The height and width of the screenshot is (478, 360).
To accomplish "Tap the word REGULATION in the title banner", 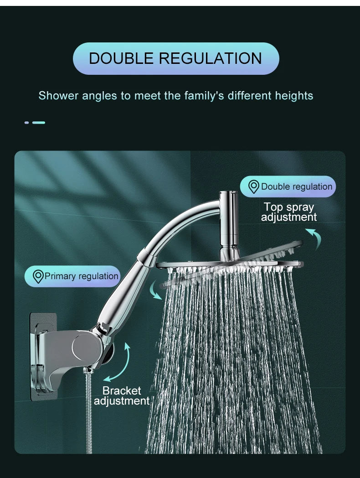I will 211,59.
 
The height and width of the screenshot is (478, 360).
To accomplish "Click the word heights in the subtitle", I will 294,96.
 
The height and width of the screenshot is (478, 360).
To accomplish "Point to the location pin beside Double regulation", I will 254,187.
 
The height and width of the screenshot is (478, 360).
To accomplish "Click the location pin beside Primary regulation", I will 38,276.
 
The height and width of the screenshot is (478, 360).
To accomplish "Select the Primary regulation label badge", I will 72,276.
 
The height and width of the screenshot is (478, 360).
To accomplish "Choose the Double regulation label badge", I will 288,187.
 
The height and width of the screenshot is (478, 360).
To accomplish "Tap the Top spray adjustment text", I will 288,212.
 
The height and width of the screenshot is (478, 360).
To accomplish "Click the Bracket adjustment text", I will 122,396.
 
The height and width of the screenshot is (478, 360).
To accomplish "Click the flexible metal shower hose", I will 88,410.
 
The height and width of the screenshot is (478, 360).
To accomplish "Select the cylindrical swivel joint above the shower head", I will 228,219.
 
